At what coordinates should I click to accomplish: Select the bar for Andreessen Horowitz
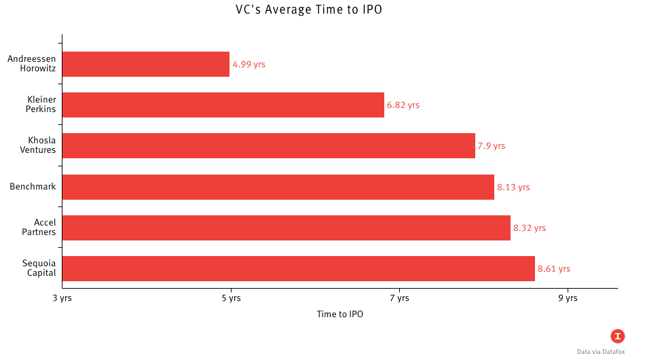pyautogui.click(x=146, y=65)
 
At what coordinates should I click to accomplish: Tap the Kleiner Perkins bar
pyautogui.click(x=223, y=105)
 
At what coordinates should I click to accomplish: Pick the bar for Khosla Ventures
pyautogui.click(x=269, y=146)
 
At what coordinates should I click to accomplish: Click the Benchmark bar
pyautogui.click(x=278, y=187)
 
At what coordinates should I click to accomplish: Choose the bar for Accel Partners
pyautogui.click(x=287, y=228)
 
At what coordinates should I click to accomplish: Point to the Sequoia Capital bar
pyautogui.click(x=299, y=268)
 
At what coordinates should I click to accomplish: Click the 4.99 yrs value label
pyautogui.click(x=248, y=65)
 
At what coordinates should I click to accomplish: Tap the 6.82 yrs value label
pyautogui.click(x=403, y=105)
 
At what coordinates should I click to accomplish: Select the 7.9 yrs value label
pyautogui.click(x=492, y=146)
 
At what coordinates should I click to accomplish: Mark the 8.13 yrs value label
pyautogui.click(x=513, y=187)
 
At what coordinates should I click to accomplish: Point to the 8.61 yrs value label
pyautogui.click(x=554, y=268)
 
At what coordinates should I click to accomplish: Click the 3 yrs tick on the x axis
pyautogui.click(x=62, y=298)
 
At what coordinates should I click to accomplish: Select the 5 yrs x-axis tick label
pyautogui.click(x=231, y=298)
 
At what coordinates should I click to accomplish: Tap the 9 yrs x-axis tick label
pyautogui.click(x=568, y=298)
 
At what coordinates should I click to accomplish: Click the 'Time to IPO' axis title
pyautogui.click(x=340, y=314)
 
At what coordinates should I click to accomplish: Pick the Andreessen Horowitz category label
pyautogui.click(x=31, y=65)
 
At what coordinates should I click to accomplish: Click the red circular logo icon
pyautogui.click(x=617, y=336)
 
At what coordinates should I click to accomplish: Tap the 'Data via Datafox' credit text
pyautogui.click(x=600, y=352)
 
